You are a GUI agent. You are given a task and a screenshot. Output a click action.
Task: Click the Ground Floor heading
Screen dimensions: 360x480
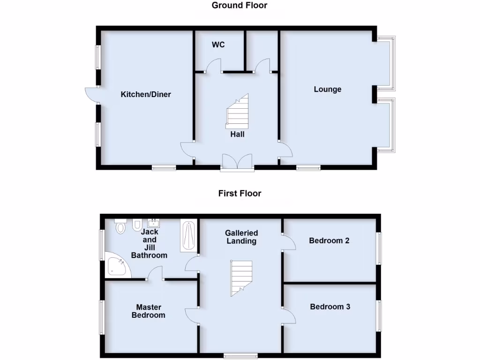tap(240, 6)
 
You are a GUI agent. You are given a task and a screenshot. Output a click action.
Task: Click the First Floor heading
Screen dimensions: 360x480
tap(240, 193)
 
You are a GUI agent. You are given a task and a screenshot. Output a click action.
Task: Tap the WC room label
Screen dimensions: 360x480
tap(218, 45)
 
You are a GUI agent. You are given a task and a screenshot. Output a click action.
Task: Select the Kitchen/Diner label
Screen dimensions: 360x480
tap(146, 94)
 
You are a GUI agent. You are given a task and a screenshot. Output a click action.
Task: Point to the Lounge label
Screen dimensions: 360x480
tap(327, 89)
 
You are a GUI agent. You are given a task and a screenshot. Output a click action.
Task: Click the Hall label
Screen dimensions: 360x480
tap(237, 134)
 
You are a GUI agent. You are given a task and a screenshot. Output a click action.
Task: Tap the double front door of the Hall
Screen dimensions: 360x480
tap(238, 161)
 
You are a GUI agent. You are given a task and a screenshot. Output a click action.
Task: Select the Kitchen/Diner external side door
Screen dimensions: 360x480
tap(90, 95)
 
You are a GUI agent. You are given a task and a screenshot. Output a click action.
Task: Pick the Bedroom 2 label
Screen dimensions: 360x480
tap(329, 240)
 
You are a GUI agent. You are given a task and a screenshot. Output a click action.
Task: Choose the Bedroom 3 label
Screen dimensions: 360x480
tap(330, 307)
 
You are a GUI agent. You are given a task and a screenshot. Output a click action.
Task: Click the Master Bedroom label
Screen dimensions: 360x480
tap(149, 311)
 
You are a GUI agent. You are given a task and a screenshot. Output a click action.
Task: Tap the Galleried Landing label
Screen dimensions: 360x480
tap(241, 237)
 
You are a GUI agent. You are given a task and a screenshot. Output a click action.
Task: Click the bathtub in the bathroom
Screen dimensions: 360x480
tap(188, 236)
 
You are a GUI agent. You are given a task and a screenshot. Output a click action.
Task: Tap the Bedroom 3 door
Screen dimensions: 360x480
tap(289, 315)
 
